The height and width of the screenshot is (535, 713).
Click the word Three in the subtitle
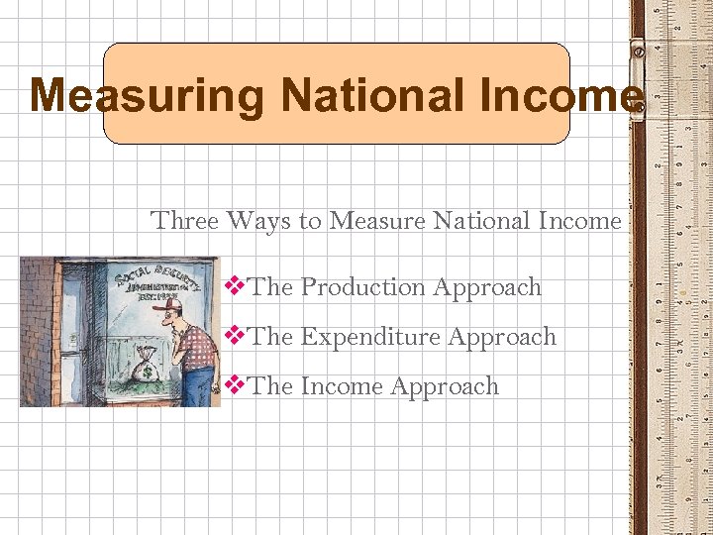click(x=184, y=220)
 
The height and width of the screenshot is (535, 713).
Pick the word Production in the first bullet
click(x=361, y=287)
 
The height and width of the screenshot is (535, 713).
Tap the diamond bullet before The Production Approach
click(x=236, y=287)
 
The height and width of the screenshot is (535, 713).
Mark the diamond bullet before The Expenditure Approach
click(x=236, y=337)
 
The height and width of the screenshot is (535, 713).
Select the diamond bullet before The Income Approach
click(x=236, y=386)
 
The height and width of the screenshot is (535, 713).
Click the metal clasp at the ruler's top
click(x=638, y=48)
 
